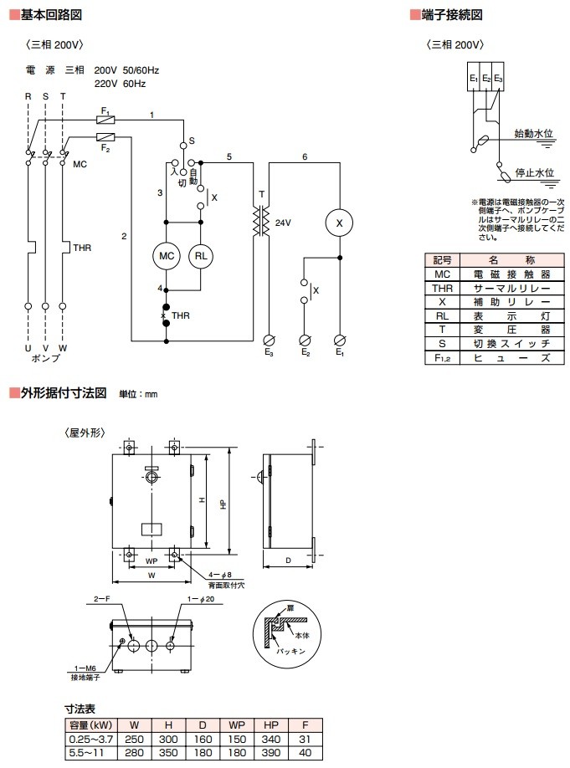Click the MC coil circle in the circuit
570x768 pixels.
166,256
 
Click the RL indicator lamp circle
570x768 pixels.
201,256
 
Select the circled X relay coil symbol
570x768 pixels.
340,223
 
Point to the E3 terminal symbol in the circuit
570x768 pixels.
269,340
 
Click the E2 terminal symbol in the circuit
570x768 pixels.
305,340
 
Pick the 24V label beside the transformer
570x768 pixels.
282,223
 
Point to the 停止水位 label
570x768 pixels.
532,172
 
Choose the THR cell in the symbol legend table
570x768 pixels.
442,288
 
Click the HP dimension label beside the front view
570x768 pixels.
223,504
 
